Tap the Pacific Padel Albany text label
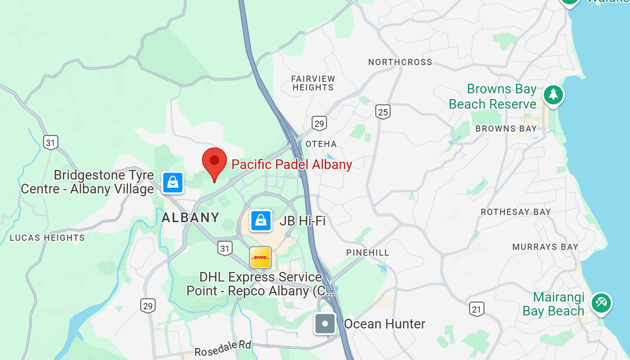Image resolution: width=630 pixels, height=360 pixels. coord(292,164)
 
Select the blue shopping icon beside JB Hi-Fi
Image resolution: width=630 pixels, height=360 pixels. coord(261,220)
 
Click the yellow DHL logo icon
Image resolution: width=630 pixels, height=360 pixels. coord(260,258)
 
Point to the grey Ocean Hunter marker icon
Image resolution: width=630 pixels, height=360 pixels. coord(325,324)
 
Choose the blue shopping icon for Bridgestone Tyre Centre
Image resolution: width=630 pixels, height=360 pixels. coord(172,183)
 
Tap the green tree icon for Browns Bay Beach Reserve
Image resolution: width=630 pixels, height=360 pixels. coord(553,95)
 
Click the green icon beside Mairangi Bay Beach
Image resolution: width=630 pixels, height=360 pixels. coord(601,303)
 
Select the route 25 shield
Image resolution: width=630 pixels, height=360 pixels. coord(383,112)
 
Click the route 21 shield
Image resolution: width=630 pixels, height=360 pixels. coord(477,309)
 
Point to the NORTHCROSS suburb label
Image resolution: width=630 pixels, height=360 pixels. coord(400,62)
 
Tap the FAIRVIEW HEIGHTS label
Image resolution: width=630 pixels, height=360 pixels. coord(313,83)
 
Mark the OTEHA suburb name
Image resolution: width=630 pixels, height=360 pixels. coord(321,144)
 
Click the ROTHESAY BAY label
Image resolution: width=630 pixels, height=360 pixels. coord(515,212)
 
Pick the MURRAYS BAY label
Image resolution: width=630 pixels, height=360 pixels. coord(545,247)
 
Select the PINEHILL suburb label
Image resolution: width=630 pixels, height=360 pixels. coord(368,252)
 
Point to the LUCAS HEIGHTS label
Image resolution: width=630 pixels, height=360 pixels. coord(47,238)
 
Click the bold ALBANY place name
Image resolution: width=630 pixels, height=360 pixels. coord(191,217)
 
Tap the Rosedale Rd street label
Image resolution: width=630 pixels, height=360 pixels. coord(223,348)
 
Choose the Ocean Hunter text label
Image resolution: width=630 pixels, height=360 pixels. coord(384,324)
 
